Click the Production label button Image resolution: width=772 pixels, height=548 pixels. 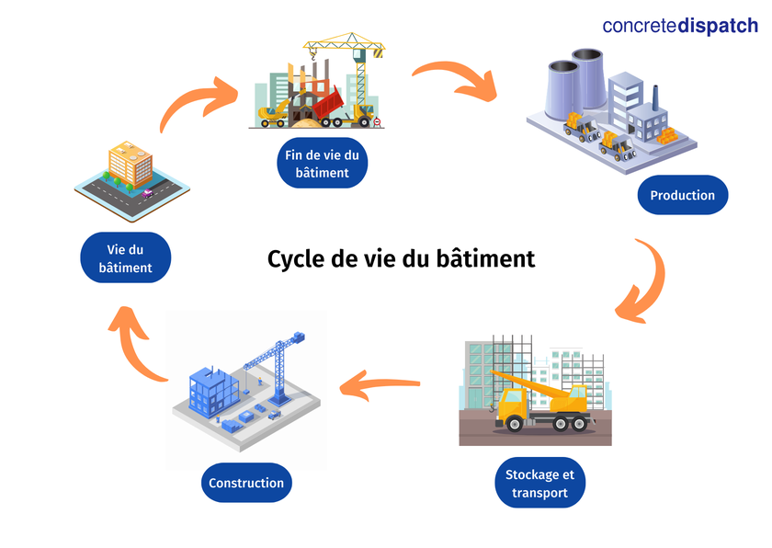[682, 195]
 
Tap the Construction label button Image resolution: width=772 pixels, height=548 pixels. [246, 483]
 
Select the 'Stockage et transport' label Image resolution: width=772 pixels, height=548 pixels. [539, 484]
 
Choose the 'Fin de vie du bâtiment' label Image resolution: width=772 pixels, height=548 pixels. [322, 163]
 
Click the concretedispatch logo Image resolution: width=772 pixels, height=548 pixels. [680, 26]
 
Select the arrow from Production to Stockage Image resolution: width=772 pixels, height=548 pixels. [646, 280]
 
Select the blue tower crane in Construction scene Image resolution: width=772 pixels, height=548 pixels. [280, 363]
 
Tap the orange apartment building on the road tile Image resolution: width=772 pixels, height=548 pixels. [130, 166]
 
